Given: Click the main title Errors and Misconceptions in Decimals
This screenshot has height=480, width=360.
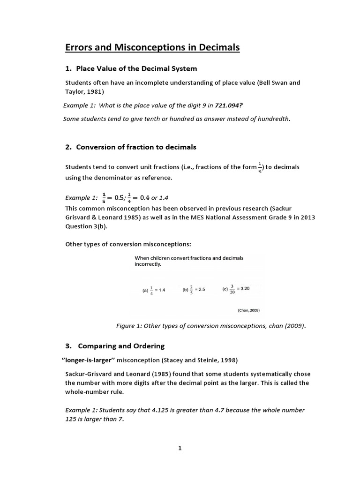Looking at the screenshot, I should (152, 47).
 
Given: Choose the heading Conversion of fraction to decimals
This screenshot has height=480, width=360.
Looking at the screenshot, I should (131, 147).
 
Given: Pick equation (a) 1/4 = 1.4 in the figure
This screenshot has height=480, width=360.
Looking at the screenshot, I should (154, 290).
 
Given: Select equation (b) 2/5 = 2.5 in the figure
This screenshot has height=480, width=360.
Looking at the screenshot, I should (194, 290).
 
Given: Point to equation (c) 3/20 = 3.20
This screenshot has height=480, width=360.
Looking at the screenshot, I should (236, 290).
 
